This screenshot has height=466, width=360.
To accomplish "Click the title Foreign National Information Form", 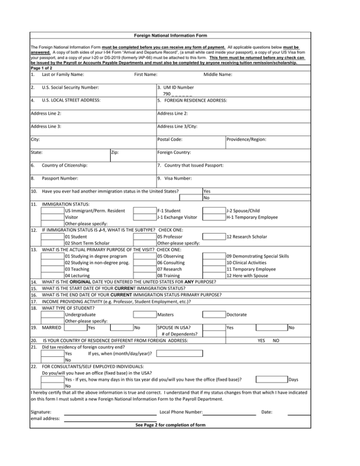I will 171,36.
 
